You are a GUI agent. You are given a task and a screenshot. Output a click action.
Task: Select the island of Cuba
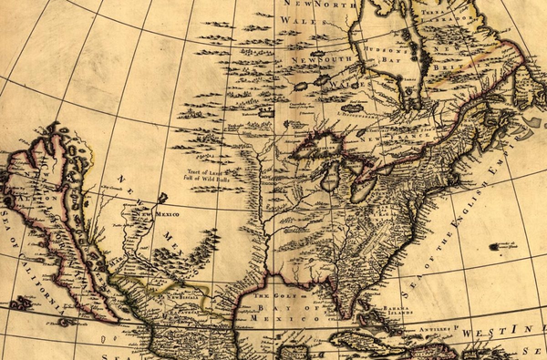click(365, 340)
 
